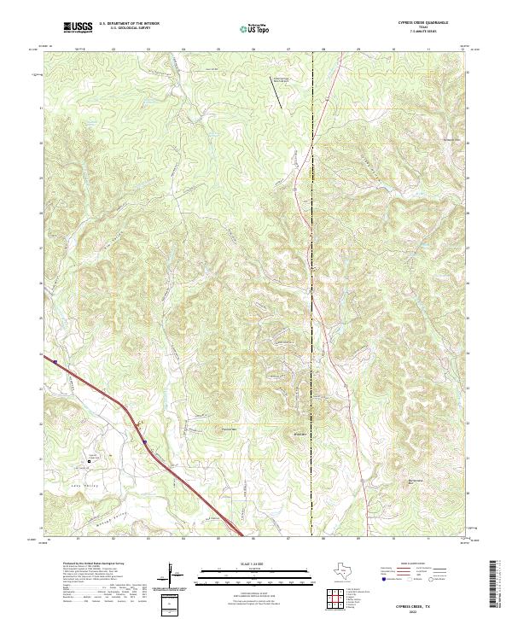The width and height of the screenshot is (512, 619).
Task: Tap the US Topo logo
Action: click(x=255, y=27)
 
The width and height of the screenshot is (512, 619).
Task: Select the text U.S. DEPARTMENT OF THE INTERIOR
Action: click(x=130, y=25)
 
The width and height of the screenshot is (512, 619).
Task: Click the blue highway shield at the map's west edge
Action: click(x=54, y=361)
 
